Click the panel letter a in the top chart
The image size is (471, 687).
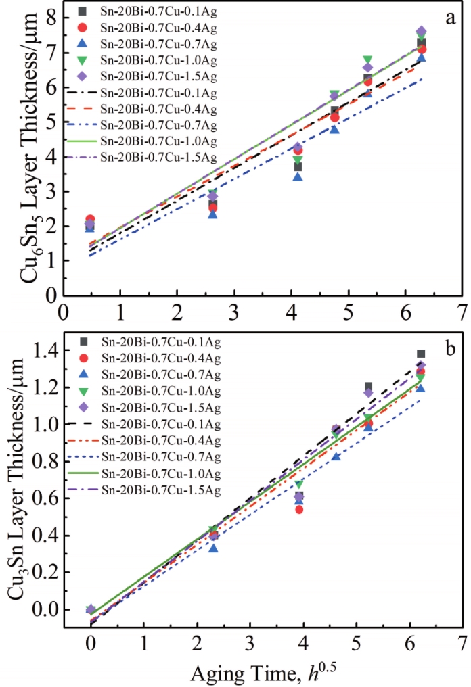click(449, 20)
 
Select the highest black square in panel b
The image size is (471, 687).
click(420, 354)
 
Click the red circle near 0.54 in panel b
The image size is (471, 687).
click(299, 509)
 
